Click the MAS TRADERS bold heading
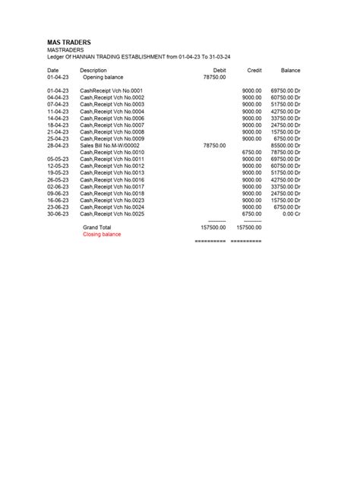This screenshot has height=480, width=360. coord(70,42)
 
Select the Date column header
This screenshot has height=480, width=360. coord(53,70)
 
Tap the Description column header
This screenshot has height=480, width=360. coord(93,70)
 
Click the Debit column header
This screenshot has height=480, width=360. coord(219,70)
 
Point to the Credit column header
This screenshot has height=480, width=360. coord(254,70)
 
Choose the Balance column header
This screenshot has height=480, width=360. coord(290,70)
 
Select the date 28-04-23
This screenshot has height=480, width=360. coord(58,145)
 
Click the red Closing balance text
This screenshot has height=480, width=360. coord(102,234)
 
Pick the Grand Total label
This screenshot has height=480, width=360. coord(96,227)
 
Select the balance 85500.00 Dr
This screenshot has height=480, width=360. coord(286,145)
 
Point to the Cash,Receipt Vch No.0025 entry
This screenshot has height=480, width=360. coord(112,213)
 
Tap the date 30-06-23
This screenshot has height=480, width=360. coord(58,213)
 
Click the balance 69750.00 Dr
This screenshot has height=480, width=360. coord(286,90)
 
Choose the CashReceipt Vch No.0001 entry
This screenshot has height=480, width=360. coord(111,90)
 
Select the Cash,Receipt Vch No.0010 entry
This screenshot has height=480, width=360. coord(112,152)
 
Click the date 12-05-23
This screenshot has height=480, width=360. coord(58,166)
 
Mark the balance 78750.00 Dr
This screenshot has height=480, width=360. coord(286,152)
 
